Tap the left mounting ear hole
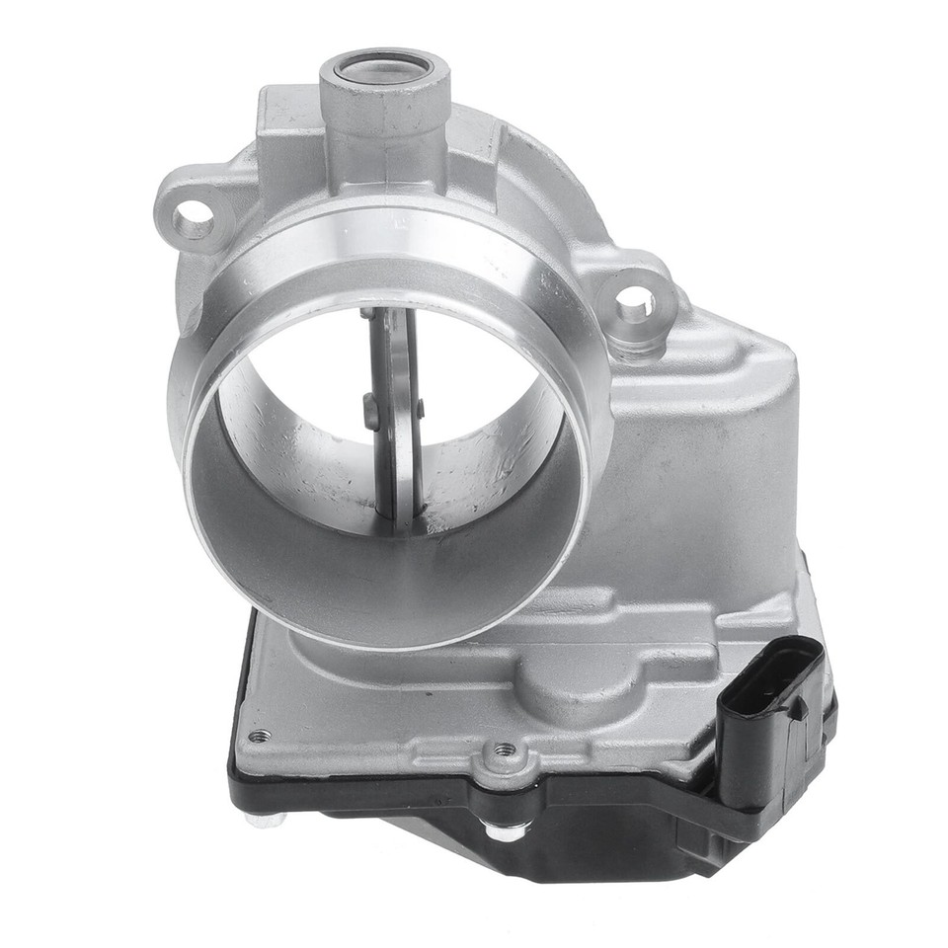[x=194, y=219]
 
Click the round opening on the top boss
[x=383, y=69]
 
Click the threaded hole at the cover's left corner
[x=260, y=736]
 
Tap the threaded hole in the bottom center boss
[x=504, y=752]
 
